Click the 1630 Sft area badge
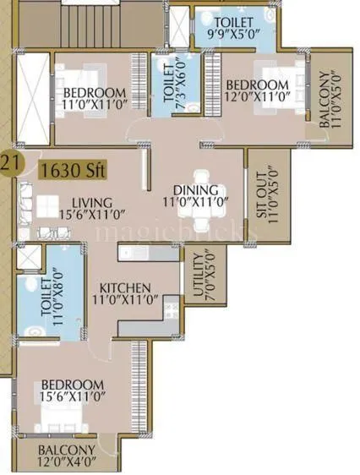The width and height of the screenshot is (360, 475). pos(72,170)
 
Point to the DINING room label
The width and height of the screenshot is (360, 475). pos(196,196)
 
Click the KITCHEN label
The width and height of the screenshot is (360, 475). pos(124,293)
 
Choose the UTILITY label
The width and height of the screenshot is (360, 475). pos(196,276)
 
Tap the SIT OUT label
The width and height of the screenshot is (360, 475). pos(266,197)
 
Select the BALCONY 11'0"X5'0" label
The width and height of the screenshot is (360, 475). pos(330,97)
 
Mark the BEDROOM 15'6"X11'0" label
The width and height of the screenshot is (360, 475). pos(71,390)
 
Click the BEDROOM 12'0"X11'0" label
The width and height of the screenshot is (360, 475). pos(256,91)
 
